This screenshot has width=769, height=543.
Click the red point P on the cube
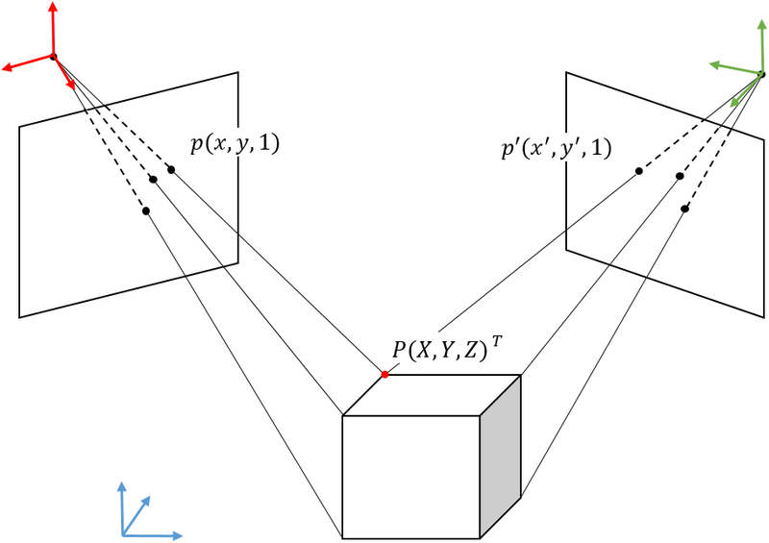[384, 374]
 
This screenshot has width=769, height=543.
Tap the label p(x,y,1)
[236, 145]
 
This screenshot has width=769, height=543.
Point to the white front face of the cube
[411, 477]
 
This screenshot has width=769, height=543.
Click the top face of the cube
[433, 394]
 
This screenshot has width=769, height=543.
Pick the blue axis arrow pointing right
[171, 534]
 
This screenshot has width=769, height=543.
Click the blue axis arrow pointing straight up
[122, 490]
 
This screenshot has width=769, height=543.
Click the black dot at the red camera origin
[53, 57]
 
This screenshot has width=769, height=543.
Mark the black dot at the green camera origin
[760, 74]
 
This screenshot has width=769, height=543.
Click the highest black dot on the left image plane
[171, 169]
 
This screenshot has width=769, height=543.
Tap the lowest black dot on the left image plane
[146, 210]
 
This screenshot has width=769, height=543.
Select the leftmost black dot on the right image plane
[638, 171]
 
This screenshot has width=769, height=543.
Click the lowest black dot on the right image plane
[685, 209]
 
